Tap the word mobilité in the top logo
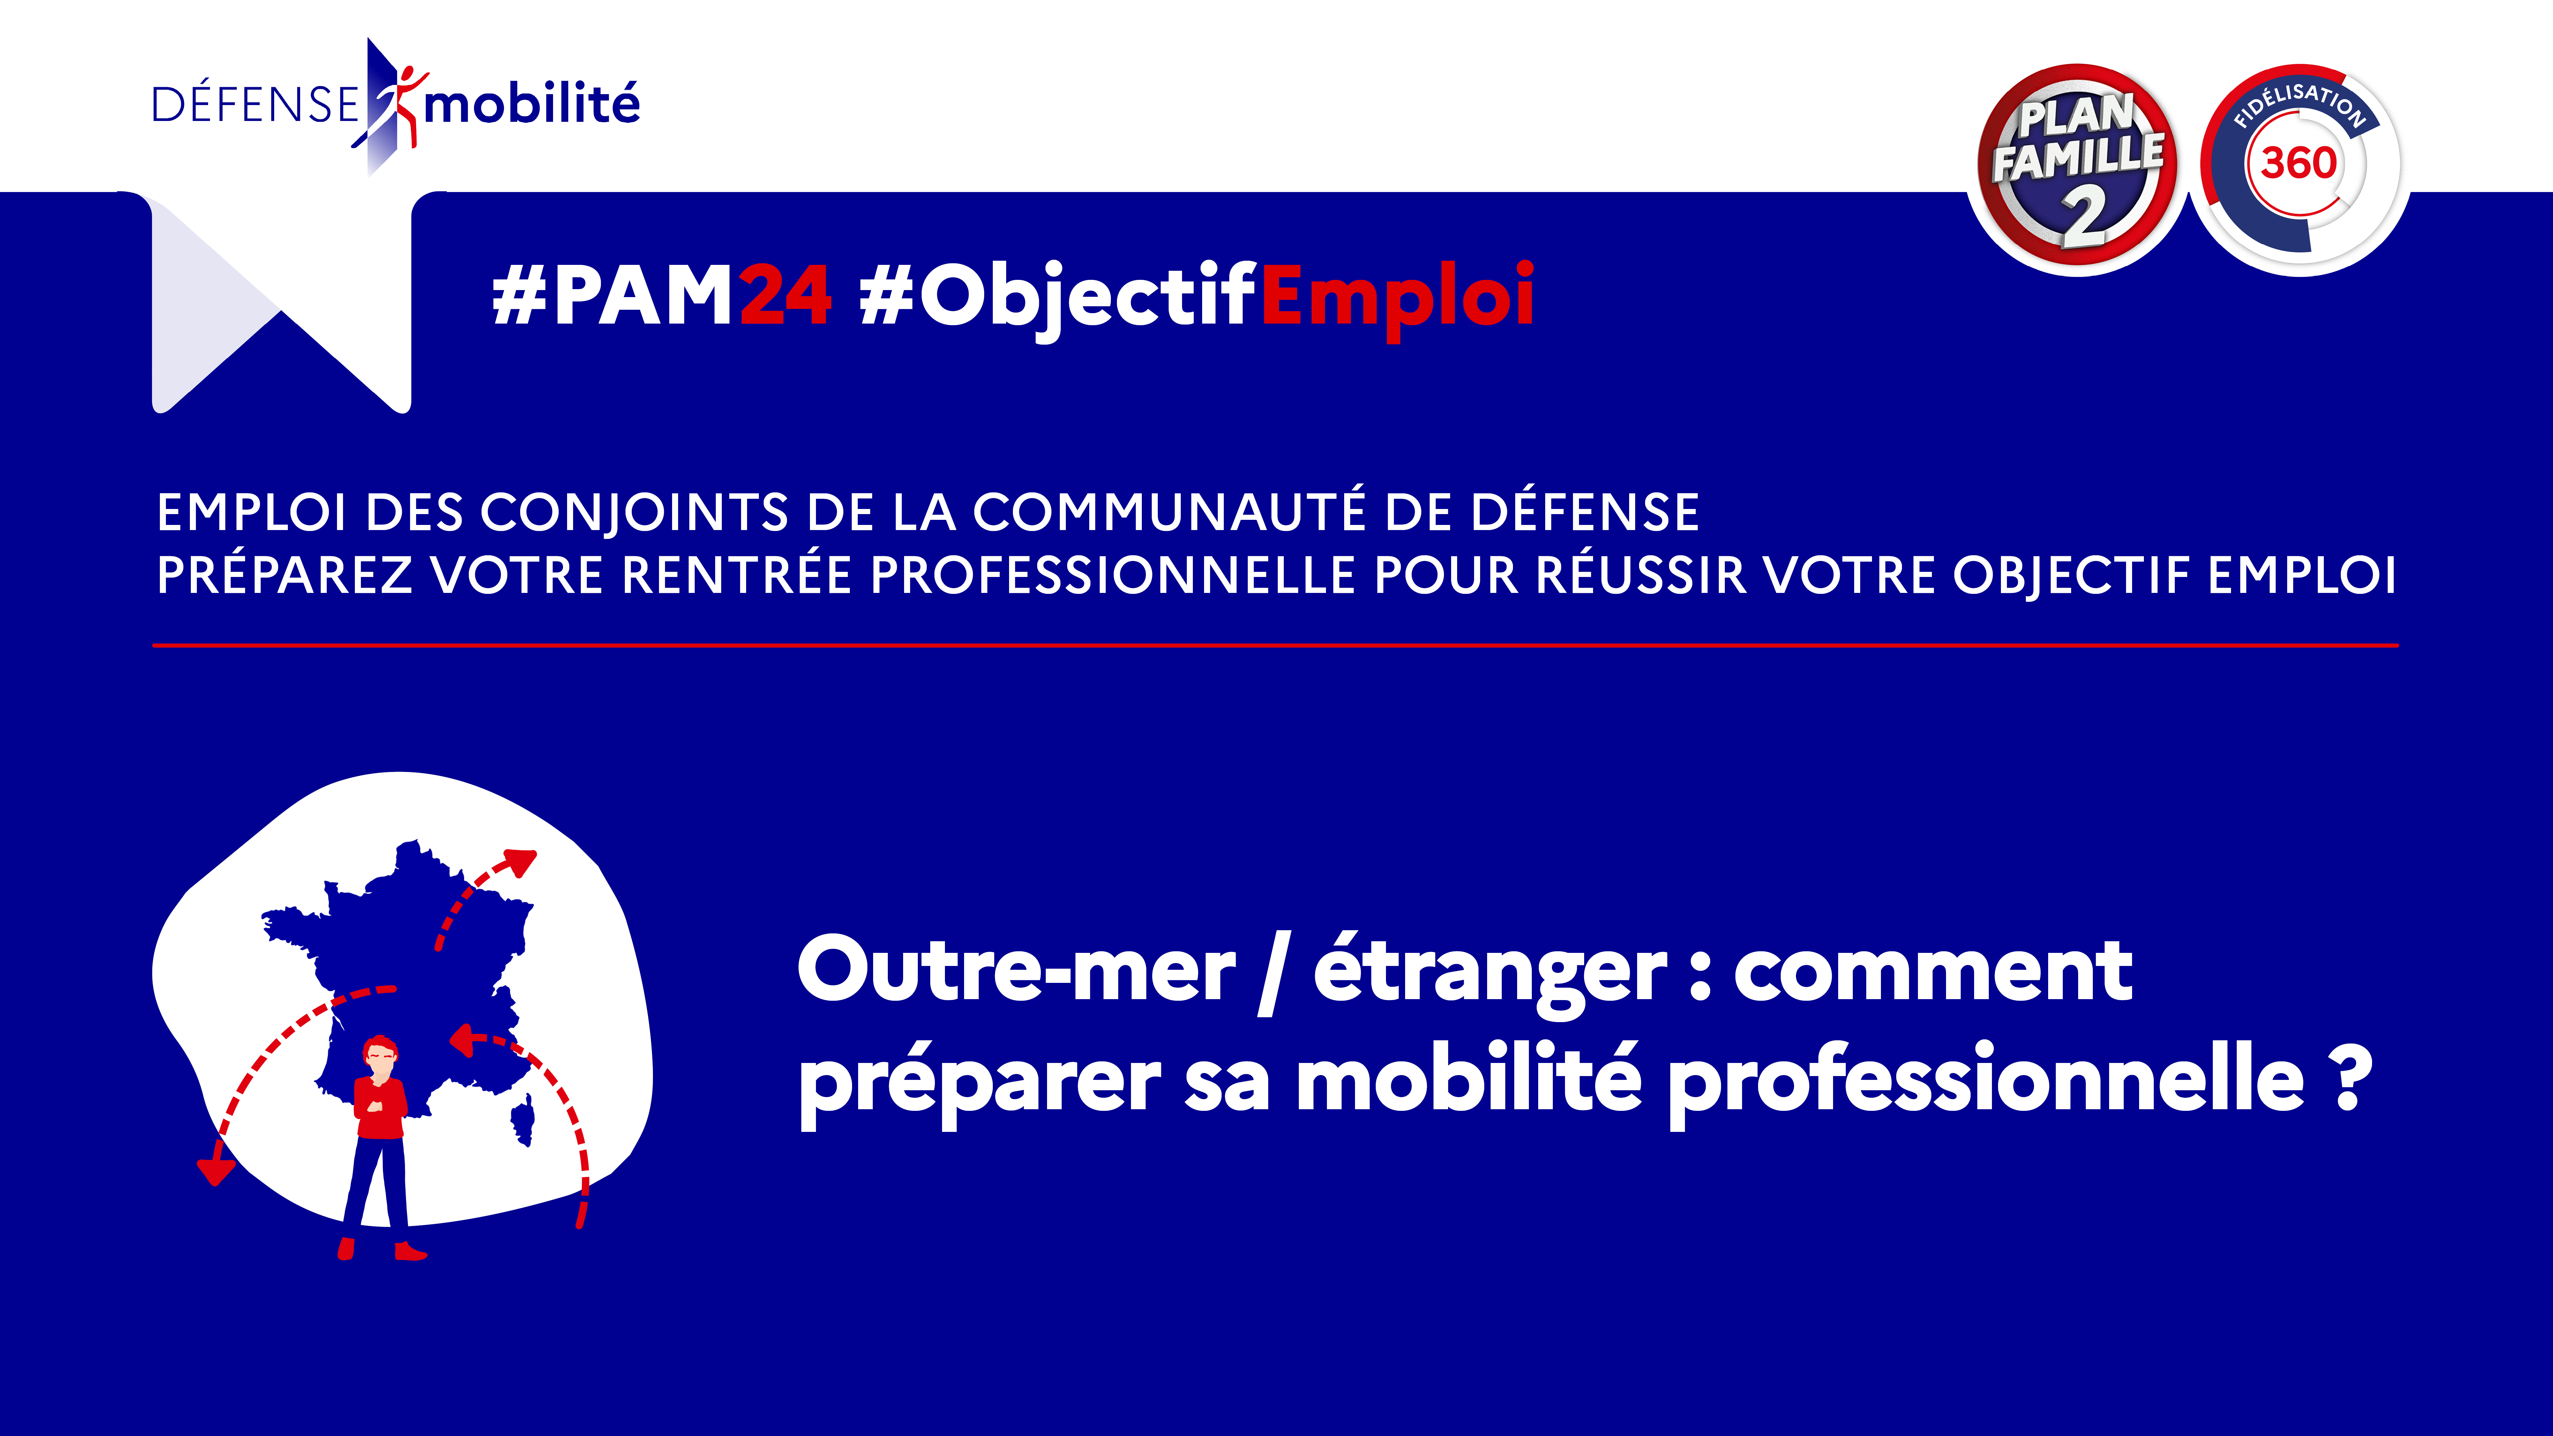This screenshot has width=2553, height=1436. pos(532,103)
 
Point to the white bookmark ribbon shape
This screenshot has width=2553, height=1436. pos(281,302)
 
